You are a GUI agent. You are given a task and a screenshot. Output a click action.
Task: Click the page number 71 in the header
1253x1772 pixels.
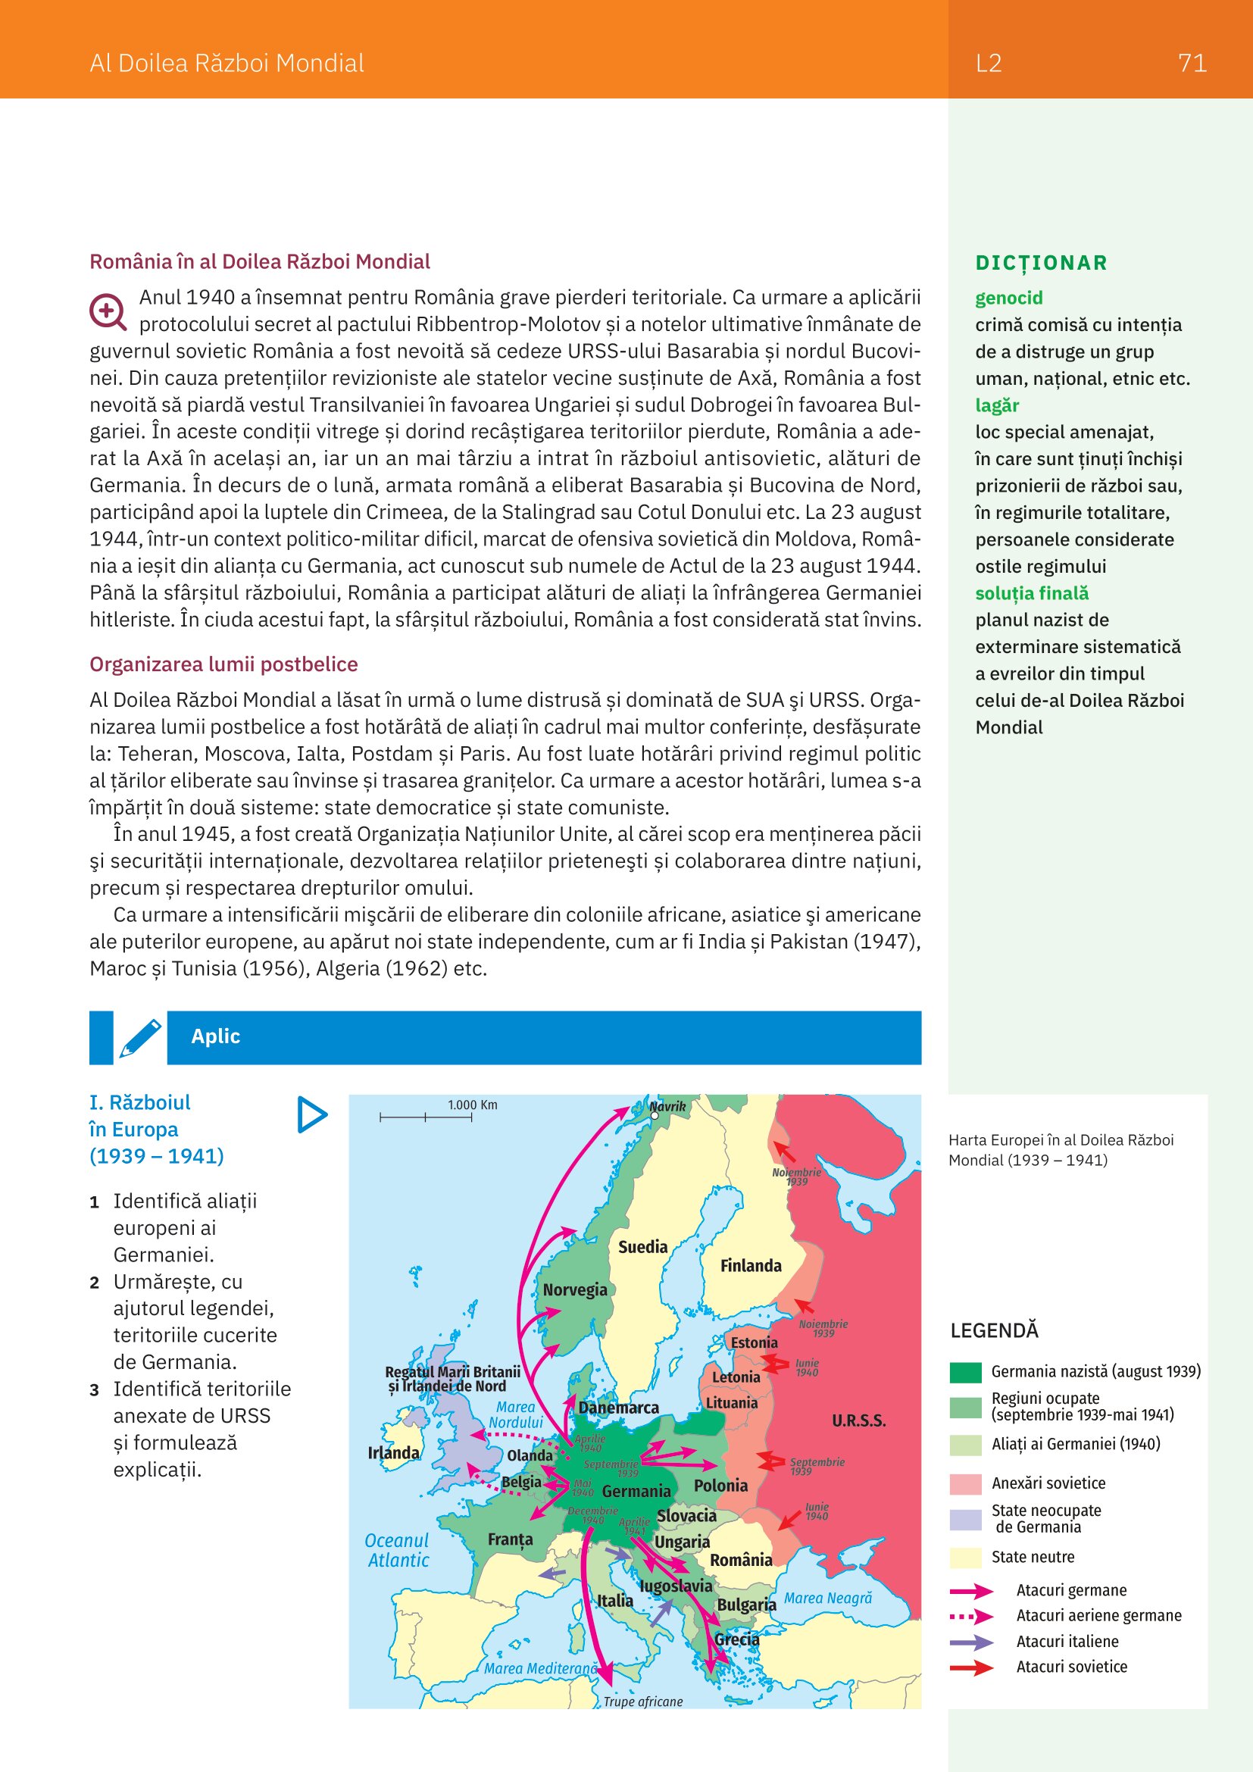[1192, 63]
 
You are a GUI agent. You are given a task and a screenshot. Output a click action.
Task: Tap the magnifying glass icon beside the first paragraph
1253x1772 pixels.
[108, 312]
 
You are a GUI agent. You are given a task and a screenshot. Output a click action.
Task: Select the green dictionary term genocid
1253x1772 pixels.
[1008, 298]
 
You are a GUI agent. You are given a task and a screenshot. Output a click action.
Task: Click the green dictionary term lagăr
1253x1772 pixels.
[997, 405]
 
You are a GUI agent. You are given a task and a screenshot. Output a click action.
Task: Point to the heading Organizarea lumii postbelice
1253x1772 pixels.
[223, 664]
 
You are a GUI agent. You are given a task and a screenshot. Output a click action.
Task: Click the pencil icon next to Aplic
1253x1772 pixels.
[140, 1038]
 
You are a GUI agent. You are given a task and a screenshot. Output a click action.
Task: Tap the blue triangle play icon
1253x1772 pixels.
[311, 1114]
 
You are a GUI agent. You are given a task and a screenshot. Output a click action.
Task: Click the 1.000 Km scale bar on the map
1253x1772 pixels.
[426, 1117]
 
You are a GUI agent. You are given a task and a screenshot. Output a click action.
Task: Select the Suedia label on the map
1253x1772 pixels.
[642, 1247]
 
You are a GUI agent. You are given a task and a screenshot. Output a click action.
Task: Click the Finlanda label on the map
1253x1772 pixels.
[751, 1266]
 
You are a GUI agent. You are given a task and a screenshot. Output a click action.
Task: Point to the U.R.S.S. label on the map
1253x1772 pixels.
[858, 1420]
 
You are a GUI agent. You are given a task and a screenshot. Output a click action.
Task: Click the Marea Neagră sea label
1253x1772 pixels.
[828, 1598]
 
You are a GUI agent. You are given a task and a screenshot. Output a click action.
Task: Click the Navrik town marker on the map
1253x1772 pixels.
[655, 1115]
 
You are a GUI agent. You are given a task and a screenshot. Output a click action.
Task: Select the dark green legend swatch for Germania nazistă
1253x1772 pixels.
[965, 1372]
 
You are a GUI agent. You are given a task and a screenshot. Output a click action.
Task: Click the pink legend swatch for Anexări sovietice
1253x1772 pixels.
[965, 1483]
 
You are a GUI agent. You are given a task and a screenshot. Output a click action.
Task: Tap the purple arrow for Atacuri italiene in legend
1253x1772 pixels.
[971, 1642]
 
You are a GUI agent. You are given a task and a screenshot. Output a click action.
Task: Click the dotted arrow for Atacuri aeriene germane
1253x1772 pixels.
[971, 1616]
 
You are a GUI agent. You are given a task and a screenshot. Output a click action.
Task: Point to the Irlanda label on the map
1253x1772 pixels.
[393, 1453]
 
